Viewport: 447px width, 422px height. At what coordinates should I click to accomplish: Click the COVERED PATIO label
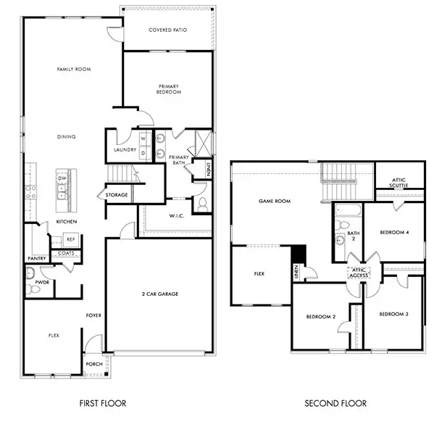tap(167, 30)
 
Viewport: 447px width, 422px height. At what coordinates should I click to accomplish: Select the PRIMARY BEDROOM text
tap(169, 90)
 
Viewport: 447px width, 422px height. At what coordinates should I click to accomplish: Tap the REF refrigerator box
tap(70, 239)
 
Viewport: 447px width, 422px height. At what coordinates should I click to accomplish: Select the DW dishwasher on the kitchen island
tap(63, 178)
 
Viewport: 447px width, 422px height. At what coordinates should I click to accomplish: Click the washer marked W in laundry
tap(143, 138)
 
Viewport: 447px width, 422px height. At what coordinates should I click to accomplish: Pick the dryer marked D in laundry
tap(143, 152)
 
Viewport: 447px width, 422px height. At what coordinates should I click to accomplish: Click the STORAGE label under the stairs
tap(116, 195)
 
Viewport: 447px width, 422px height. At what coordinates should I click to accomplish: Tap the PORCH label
tap(93, 364)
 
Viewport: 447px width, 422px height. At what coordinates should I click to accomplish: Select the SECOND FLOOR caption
tap(335, 403)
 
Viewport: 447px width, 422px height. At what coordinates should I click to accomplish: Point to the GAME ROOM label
tap(275, 201)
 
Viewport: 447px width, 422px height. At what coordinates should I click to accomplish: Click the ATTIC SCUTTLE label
tap(399, 182)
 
